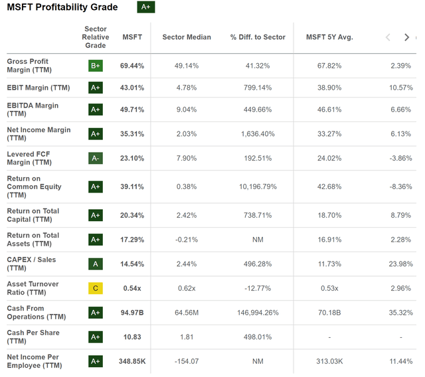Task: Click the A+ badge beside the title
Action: [145, 7]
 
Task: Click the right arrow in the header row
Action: [407, 37]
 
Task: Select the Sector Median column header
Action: [187, 37]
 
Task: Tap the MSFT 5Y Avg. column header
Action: [329, 37]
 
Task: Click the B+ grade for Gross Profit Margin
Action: [96, 66]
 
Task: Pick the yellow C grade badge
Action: [96, 288]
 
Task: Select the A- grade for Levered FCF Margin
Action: [96, 159]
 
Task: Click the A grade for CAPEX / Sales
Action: [96, 264]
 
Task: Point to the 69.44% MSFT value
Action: [132, 66]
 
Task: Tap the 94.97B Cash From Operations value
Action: [132, 313]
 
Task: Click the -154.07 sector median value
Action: [187, 361]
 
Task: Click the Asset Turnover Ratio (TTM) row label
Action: [33, 288]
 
